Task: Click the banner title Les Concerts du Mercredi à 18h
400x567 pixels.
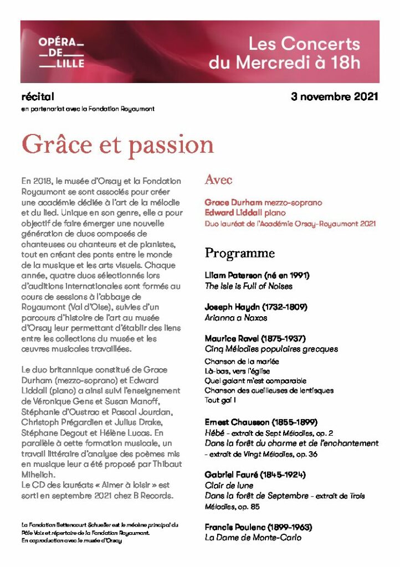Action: pyautogui.click(x=284, y=53)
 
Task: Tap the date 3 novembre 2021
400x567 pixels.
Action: pyautogui.click(x=334, y=97)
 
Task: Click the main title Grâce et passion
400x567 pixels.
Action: pyautogui.click(x=117, y=145)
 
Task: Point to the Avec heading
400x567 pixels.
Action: pyautogui.click(x=218, y=179)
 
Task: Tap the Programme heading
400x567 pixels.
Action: pyautogui.click(x=239, y=253)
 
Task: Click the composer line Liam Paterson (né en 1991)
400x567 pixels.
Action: pyautogui.click(x=257, y=275)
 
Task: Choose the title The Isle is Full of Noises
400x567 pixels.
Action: pyautogui.click(x=248, y=286)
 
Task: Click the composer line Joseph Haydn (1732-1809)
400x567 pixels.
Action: pyautogui.click(x=255, y=307)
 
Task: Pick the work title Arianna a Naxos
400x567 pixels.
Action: pyautogui.click(x=235, y=318)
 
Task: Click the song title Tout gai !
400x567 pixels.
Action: pyautogui.click(x=220, y=400)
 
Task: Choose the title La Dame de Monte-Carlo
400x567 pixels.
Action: pyautogui.click(x=253, y=538)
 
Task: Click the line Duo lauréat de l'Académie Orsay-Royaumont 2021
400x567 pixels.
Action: pyautogui.click(x=290, y=224)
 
